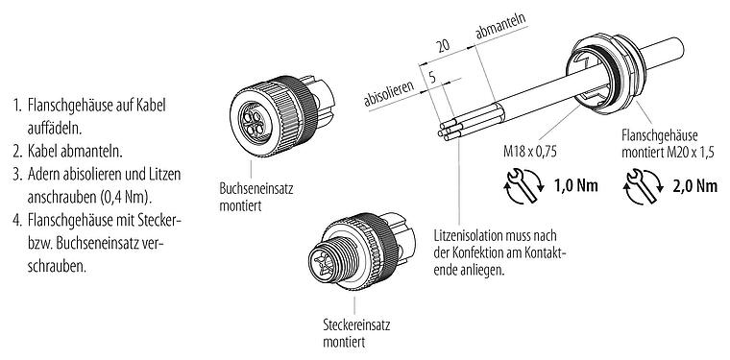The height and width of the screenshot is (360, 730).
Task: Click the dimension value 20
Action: coord(443,46)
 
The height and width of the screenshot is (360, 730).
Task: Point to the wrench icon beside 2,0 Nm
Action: coord(638,185)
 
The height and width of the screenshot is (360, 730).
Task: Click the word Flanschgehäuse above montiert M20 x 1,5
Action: coord(662,136)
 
